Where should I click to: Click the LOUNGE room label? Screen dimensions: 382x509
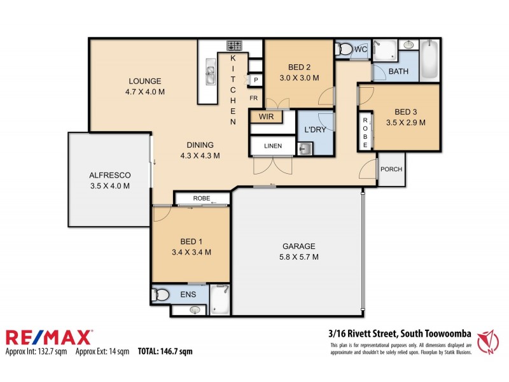[145, 81]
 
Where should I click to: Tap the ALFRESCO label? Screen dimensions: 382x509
[110, 175]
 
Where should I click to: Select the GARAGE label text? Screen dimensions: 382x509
[299, 246]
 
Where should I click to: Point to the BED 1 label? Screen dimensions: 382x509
[192, 242]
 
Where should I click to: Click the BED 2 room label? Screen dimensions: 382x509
[299, 67]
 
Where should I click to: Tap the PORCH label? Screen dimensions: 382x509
[391, 169]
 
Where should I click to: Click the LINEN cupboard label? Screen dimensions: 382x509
[272, 146]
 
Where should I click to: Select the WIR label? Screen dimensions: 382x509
[265, 117]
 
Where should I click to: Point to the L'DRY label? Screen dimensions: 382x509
[316, 130]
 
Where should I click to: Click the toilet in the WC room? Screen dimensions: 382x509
[344, 48]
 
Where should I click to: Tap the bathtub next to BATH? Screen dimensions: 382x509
[430, 60]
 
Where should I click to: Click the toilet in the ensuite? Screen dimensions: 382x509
[161, 294]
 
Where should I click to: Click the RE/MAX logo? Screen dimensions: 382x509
[49, 337]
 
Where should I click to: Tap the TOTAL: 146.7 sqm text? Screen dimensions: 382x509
[165, 351]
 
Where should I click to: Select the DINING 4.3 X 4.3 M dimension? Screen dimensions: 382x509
[200, 155]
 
